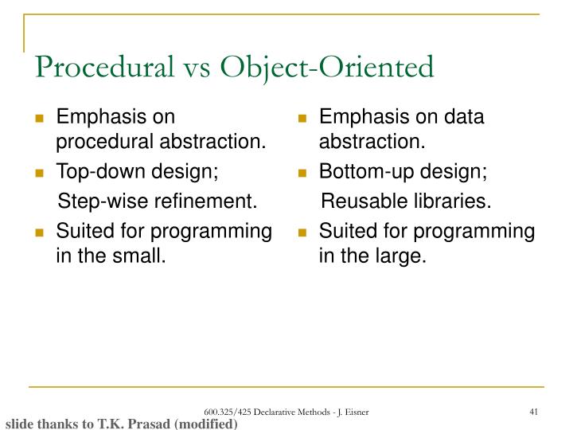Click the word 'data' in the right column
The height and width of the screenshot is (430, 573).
point(466,118)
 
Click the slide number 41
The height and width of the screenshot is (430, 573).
point(535,410)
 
